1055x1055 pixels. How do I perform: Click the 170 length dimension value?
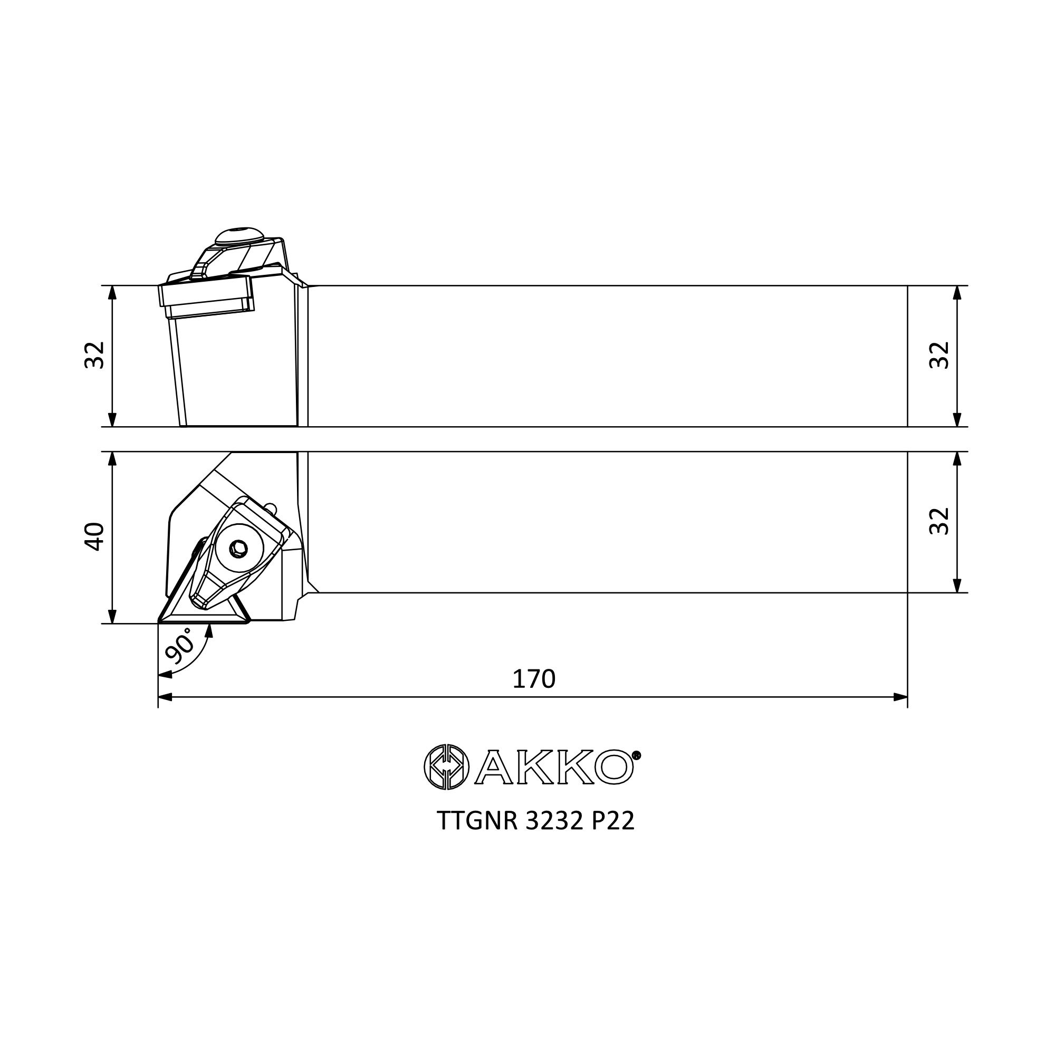point(533,679)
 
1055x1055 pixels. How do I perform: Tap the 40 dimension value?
point(94,537)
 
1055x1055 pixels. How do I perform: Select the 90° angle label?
point(180,645)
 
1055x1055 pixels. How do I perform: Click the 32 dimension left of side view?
point(94,356)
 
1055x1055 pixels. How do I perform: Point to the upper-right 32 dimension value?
point(939,356)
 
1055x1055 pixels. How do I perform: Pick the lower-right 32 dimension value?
point(939,521)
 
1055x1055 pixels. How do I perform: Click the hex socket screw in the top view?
point(238,549)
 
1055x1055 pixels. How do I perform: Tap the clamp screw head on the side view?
point(239,236)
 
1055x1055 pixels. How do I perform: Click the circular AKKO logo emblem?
point(447,766)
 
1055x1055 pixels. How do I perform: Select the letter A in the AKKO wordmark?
point(494,767)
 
